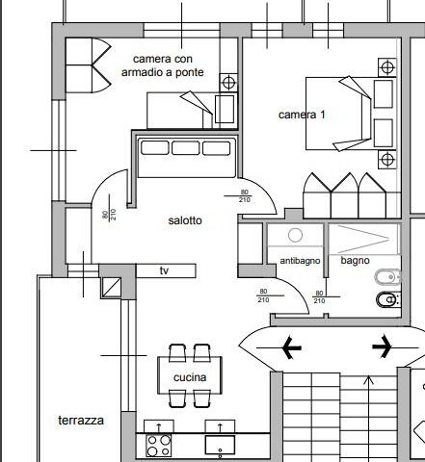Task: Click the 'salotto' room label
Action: point(185,220)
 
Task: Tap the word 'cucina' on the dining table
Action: point(190,377)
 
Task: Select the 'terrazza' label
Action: point(81,421)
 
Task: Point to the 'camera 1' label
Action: point(302,115)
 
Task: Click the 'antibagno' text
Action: point(300,261)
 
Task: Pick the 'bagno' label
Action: point(355,261)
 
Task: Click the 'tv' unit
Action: point(166,270)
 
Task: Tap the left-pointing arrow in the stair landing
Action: point(279,347)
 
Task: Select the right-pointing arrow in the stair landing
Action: point(395,346)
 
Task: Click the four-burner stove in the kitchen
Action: point(159,446)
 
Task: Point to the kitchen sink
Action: point(220,445)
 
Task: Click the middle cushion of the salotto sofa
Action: point(186,148)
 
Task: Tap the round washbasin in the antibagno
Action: point(295,235)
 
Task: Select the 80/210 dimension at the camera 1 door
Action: point(245,195)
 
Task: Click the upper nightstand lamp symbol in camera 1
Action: point(387,67)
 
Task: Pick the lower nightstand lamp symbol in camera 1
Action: point(387,159)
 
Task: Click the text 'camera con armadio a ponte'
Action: point(163,65)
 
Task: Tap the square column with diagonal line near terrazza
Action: point(112,287)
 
